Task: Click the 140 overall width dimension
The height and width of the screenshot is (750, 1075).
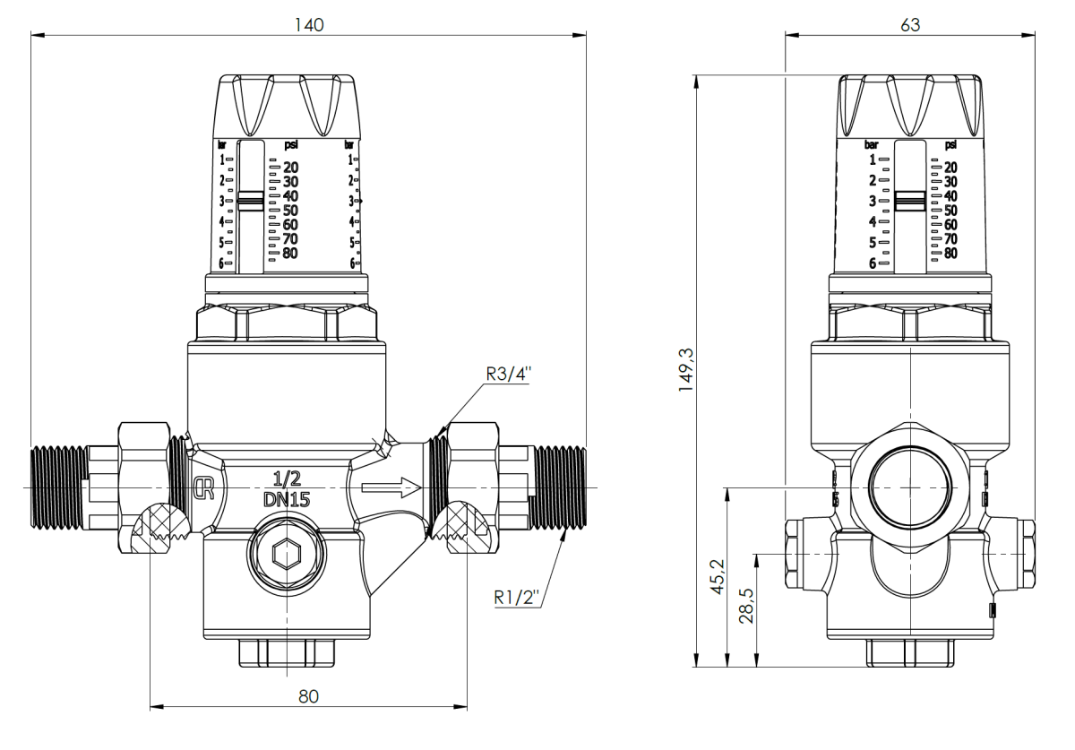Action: point(310,25)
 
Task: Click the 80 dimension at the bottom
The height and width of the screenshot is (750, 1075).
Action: point(309,696)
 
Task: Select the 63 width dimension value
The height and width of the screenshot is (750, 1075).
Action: point(909,25)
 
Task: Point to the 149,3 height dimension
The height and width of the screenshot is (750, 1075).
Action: point(687,371)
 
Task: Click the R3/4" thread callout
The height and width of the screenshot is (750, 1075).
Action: point(508,375)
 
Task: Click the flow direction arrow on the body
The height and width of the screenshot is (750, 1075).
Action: point(391,488)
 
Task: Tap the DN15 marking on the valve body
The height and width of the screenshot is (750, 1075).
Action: point(287,501)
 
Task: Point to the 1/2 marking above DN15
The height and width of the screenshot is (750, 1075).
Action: point(287,479)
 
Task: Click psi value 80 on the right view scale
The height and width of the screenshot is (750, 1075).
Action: point(950,254)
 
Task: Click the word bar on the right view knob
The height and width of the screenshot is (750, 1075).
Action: point(872,144)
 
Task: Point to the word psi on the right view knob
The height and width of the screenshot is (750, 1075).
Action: point(950,144)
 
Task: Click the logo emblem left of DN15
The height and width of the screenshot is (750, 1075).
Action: point(203,488)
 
